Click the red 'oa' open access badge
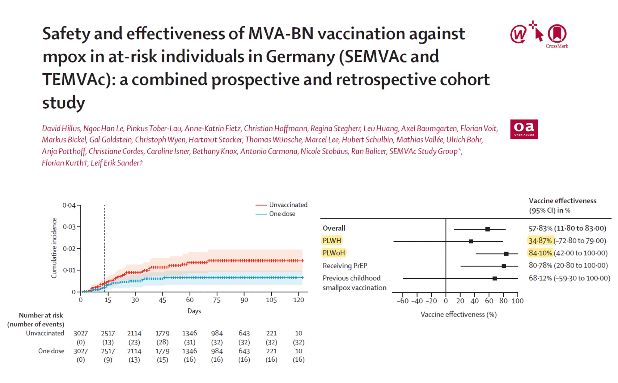pyautogui.click(x=524, y=129)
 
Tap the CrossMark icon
pyautogui.click(x=557, y=35)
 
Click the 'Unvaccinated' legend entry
pyautogui.click(x=288, y=205)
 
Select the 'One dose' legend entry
pyautogui.click(x=282, y=214)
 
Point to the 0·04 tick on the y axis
pyautogui.click(x=69, y=205)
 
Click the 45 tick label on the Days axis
pyautogui.click(x=162, y=300)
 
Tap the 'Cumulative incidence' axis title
pyautogui.click(x=54, y=248)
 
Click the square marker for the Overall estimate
pyautogui.click(x=487, y=229)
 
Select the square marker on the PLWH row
pyautogui.click(x=471, y=241)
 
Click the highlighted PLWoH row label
pyautogui.click(x=333, y=253)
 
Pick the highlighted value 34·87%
pyautogui.click(x=540, y=241)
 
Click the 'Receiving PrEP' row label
pyautogui.click(x=345, y=266)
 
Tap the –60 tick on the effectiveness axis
pyautogui.click(x=402, y=301)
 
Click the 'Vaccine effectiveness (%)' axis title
pyautogui.click(x=458, y=314)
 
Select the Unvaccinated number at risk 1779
pyautogui.click(x=162, y=334)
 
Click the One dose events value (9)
pyautogui.click(x=108, y=360)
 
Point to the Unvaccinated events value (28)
pyautogui.click(x=162, y=342)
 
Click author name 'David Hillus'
pyautogui.click(x=61, y=128)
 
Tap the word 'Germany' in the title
pyautogui.click(x=300, y=57)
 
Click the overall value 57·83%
pyautogui.click(x=540, y=228)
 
